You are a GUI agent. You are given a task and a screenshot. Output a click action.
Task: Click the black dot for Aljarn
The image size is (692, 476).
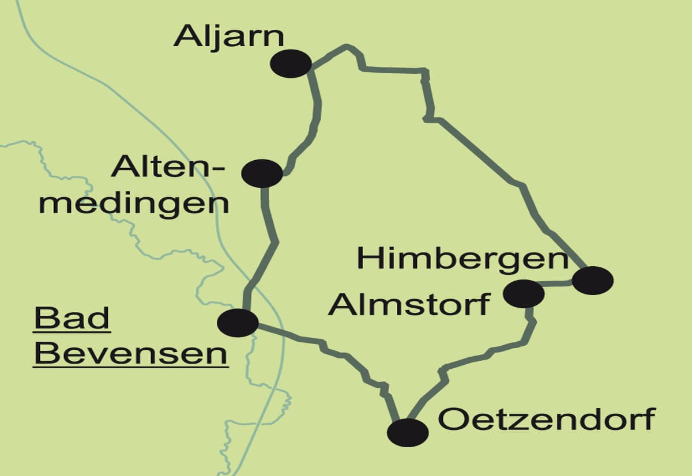click(x=292, y=63)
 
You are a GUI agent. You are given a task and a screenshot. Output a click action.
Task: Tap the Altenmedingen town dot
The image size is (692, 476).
click(x=262, y=173)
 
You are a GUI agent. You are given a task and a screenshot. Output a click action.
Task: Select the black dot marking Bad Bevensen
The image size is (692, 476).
click(x=238, y=322)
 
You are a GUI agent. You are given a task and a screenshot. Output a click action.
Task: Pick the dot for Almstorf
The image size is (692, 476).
click(x=524, y=293)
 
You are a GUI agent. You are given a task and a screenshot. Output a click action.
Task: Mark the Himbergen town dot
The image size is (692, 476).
click(x=592, y=281)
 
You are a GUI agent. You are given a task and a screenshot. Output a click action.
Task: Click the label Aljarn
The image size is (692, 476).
click(x=229, y=36)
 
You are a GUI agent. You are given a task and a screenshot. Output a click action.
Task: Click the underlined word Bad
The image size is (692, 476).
click(x=72, y=318)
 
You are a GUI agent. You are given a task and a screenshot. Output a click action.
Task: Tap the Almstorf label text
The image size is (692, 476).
click(x=409, y=304)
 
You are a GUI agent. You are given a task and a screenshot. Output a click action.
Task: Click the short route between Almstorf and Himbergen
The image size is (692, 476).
click(x=558, y=284)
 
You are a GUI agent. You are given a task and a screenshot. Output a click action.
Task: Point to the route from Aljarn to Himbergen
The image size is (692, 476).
click(x=490, y=156)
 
